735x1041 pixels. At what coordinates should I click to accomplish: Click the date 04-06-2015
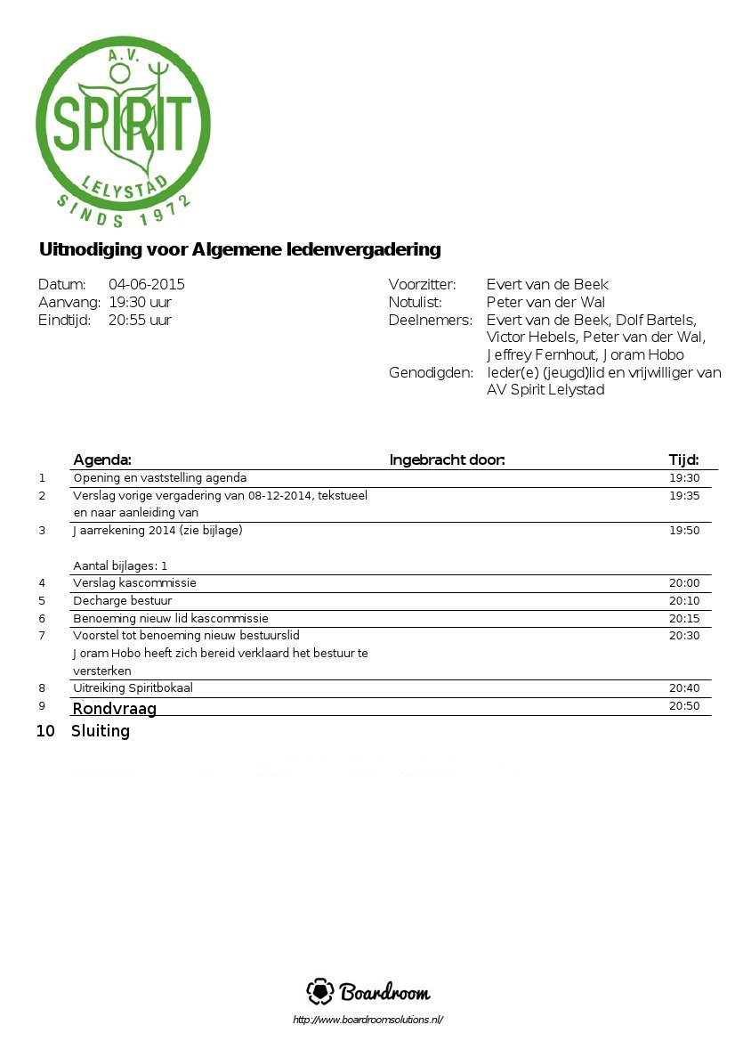[147, 285]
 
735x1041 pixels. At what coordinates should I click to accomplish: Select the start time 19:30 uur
[140, 303]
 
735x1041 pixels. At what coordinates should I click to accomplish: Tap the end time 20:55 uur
[140, 321]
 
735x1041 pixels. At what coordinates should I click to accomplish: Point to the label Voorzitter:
[422, 285]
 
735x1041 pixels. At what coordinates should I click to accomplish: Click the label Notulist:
[415, 303]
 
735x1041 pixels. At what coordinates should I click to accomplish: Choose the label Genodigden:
[431, 373]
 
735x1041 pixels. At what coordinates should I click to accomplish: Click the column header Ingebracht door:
[447, 460]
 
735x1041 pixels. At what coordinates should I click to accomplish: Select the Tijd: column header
[683, 460]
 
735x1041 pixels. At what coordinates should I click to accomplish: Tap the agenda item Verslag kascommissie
[134, 583]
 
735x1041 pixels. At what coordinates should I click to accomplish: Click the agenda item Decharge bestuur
[122, 601]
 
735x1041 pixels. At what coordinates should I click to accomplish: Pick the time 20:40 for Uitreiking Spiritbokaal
[684, 688]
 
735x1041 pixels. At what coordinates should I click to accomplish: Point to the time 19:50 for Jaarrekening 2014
[684, 531]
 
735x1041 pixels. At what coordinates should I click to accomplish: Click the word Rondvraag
[114, 709]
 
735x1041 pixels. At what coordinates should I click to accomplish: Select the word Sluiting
[101, 731]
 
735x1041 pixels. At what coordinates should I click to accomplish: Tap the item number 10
[45, 731]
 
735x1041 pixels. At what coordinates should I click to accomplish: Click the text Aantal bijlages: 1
[120, 565]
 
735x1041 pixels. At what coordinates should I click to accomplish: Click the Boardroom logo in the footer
[367, 992]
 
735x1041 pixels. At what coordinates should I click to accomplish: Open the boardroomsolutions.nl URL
[367, 1020]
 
